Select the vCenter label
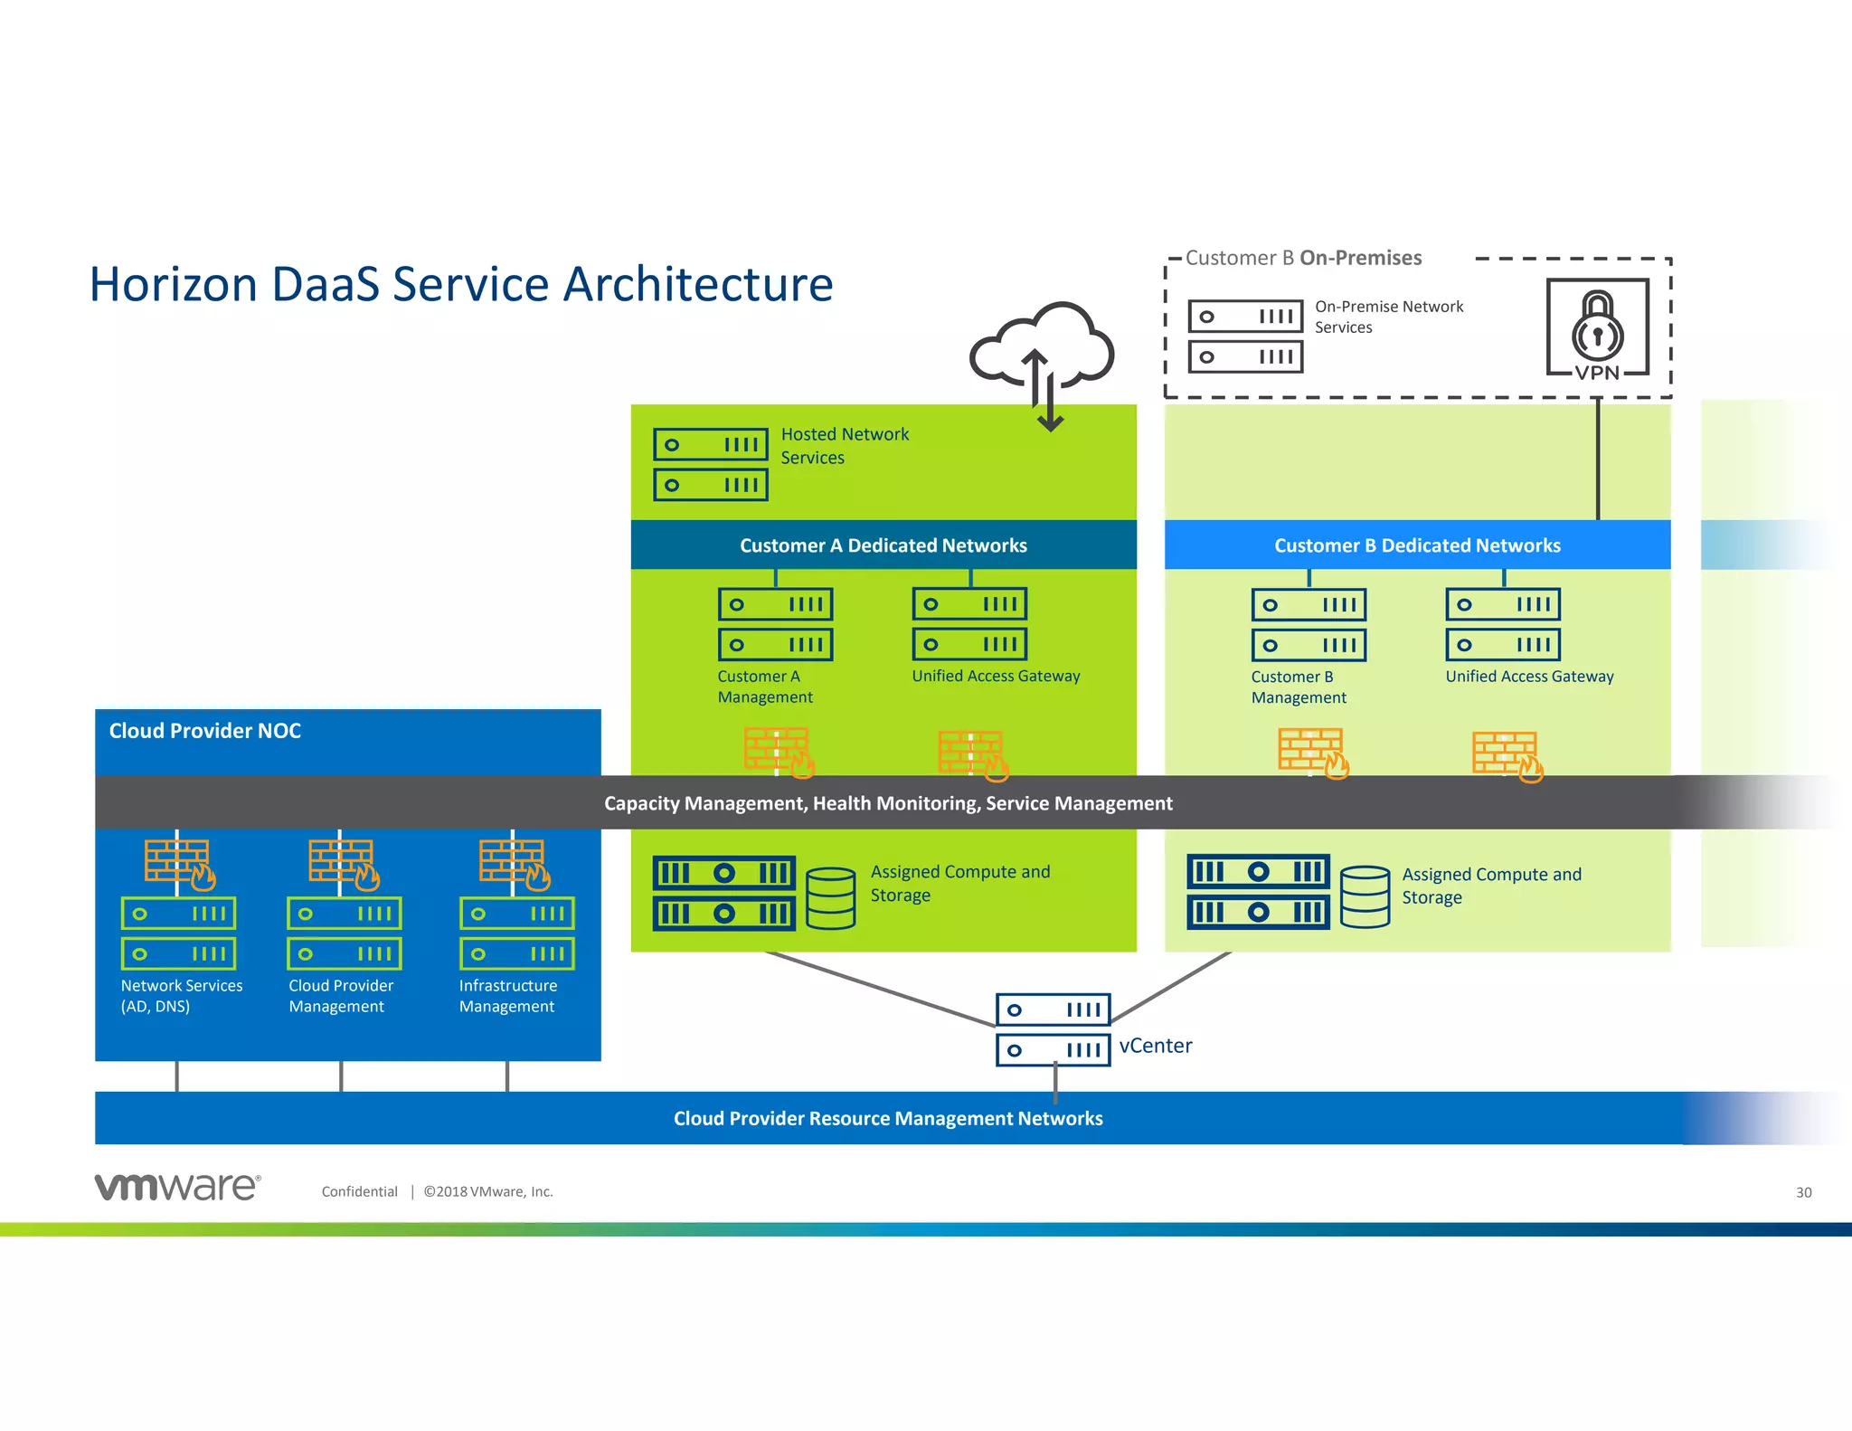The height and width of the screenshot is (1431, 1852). click(1155, 1046)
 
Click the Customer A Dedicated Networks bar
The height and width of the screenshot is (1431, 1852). click(883, 545)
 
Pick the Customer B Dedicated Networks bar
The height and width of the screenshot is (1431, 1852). click(1416, 545)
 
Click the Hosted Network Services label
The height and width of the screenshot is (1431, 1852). click(844, 446)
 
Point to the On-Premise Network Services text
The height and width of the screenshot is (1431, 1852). click(1388, 317)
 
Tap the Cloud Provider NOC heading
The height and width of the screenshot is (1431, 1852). click(205, 731)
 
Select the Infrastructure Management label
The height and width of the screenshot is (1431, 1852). click(507, 996)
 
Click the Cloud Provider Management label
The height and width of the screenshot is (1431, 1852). click(341, 996)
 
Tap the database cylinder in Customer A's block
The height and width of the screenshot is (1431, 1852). click(830, 897)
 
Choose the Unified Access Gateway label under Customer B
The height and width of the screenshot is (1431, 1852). click(1528, 677)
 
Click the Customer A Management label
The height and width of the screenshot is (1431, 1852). click(764, 687)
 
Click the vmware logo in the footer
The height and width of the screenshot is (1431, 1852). click(177, 1187)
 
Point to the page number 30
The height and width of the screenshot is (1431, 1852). click(1803, 1192)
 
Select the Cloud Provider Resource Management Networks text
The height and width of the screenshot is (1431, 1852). click(887, 1119)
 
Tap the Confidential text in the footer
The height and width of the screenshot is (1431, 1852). click(359, 1191)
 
